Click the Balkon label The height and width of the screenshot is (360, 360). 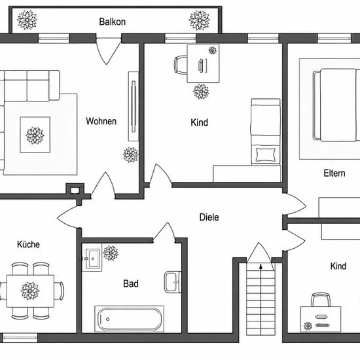click(113, 22)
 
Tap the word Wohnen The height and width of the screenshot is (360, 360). click(101, 121)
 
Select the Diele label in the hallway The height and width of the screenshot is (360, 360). click(209, 217)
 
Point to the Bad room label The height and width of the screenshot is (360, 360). click(131, 283)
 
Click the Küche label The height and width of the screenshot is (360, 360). click(28, 244)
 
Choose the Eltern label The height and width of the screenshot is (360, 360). click(334, 173)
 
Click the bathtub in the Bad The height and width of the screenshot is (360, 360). click(129, 319)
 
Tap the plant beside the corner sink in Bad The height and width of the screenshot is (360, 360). click(111, 253)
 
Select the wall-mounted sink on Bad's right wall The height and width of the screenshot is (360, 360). click(173, 282)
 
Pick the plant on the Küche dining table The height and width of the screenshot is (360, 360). click(30, 291)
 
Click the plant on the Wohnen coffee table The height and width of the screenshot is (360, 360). click(35, 135)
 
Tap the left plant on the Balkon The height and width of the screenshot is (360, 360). click(27, 20)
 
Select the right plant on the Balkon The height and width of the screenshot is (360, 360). click(199, 20)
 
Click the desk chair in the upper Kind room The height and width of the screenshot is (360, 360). click(181, 65)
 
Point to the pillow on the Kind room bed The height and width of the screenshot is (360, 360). click(265, 154)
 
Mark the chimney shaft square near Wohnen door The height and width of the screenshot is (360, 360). click(75, 190)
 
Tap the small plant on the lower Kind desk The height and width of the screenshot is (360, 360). click(308, 326)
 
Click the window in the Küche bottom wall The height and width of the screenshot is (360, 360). click(20, 338)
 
